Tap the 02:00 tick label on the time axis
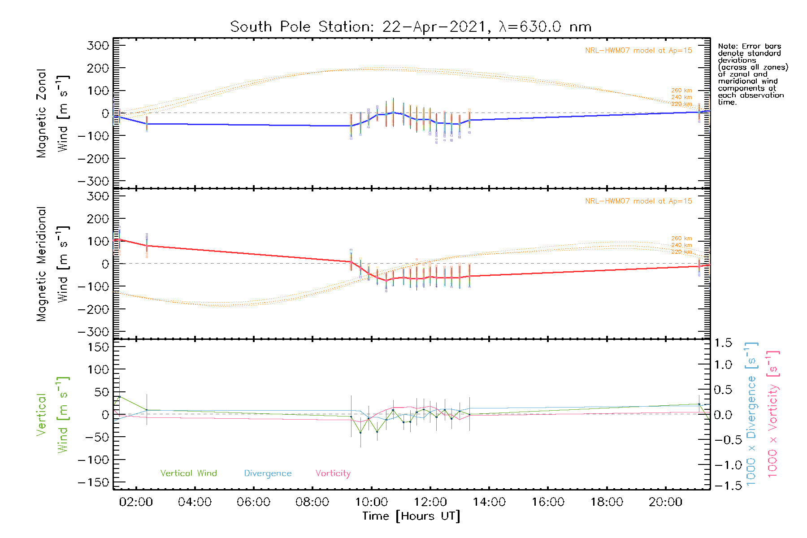[136, 502]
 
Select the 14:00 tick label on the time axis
[489, 502]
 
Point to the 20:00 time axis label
[665, 502]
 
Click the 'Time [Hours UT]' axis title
[411, 516]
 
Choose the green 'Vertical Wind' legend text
[188, 473]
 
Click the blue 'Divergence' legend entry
[268, 473]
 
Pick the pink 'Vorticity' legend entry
[333, 473]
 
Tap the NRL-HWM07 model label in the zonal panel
[638, 50]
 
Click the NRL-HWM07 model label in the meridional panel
[638, 201]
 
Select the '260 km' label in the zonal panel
[681, 90]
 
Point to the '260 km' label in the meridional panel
[681, 238]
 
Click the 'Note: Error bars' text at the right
[749, 46]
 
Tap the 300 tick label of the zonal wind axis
[98, 45]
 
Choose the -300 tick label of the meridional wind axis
[94, 332]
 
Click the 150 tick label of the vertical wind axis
[98, 347]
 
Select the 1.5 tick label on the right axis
[723, 343]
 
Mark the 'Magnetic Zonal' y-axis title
[41, 113]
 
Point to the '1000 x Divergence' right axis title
[751, 414]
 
